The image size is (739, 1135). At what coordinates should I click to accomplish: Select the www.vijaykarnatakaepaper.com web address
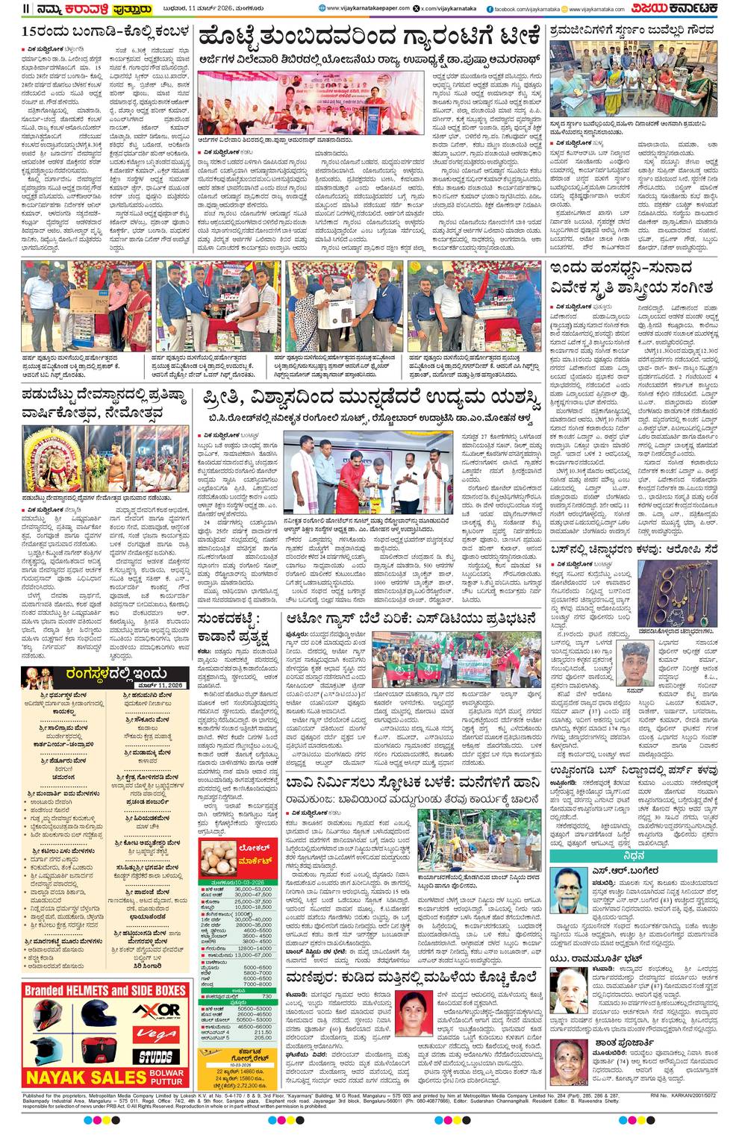coord(368,8)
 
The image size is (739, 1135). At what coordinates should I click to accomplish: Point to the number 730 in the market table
coord(266,996)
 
